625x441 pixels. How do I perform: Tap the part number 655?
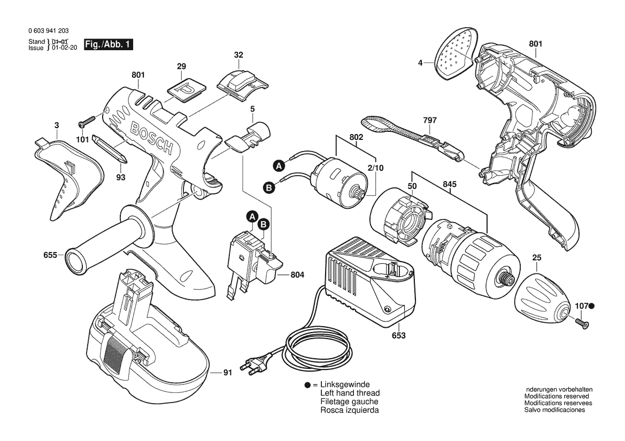click(50, 255)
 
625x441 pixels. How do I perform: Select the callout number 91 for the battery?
click(227, 373)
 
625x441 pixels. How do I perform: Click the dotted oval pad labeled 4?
click(456, 55)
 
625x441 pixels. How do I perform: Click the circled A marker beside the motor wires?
click(278, 166)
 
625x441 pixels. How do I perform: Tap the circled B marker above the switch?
click(264, 225)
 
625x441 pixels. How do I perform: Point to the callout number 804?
click(297, 275)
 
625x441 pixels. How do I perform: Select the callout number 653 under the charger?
click(398, 336)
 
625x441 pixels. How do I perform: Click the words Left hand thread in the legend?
click(350, 393)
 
